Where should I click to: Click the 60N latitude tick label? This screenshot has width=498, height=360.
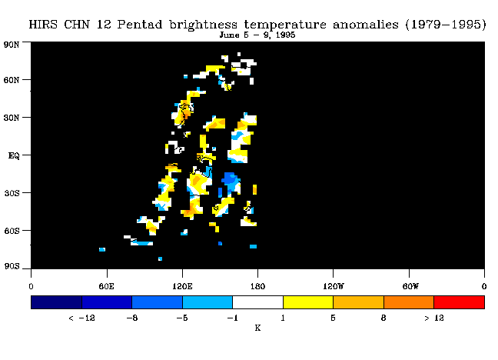[12, 80]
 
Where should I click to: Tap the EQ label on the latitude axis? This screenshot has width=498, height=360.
[14, 155]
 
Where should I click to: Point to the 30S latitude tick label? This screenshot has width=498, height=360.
[12, 193]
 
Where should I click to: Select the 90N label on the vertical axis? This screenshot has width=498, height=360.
[12, 45]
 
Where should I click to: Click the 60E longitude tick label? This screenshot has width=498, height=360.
[106, 286]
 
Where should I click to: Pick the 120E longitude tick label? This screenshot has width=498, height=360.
[182, 286]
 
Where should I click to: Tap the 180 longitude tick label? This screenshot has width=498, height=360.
[257, 286]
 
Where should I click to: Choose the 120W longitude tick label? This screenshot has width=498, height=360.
[334, 286]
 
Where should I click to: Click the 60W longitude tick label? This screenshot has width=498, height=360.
[410, 286]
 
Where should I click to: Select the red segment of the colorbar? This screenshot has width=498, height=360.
[460, 302]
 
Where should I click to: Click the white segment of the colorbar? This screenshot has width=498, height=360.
[258, 302]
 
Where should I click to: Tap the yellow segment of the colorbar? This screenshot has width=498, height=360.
[308, 302]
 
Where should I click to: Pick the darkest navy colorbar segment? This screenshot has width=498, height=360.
[57, 302]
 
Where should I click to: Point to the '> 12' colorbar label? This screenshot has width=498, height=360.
[434, 318]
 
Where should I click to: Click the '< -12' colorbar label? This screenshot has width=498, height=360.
[81, 318]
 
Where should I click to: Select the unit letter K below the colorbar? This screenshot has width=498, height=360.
[257, 328]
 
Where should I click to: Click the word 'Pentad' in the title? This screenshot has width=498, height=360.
[140, 25]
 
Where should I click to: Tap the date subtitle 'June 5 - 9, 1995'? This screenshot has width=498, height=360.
[257, 35]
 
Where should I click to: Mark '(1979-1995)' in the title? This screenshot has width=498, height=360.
[446, 25]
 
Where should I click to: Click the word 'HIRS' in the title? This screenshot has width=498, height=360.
[43, 25]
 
